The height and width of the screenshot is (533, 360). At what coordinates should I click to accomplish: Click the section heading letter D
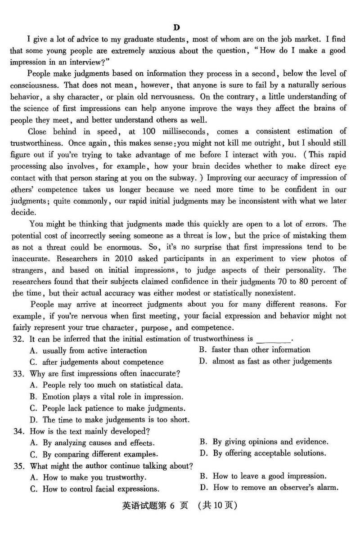[x=177, y=27]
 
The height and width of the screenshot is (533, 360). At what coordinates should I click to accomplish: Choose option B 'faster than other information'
[x=261, y=350]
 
